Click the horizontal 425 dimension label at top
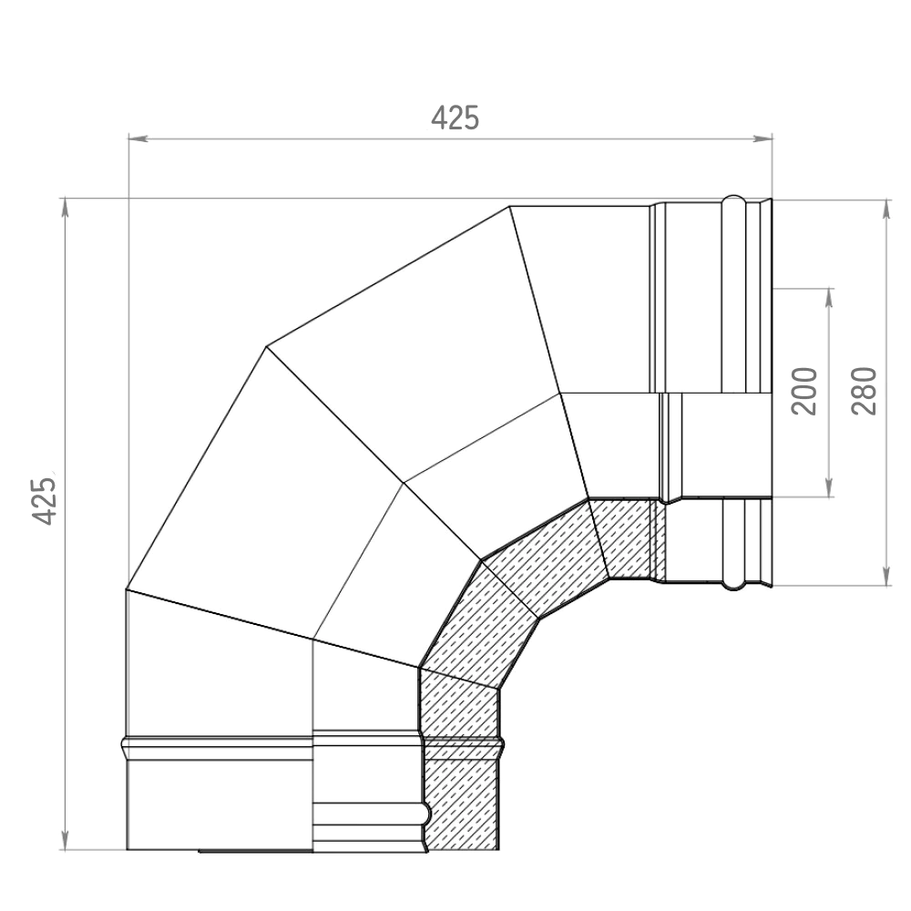click(x=455, y=118)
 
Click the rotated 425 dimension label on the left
click(x=46, y=499)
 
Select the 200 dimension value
click(x=804, y=391)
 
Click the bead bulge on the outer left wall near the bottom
click(x=124, y=748)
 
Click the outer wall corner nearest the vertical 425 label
click(x=126, y=590)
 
